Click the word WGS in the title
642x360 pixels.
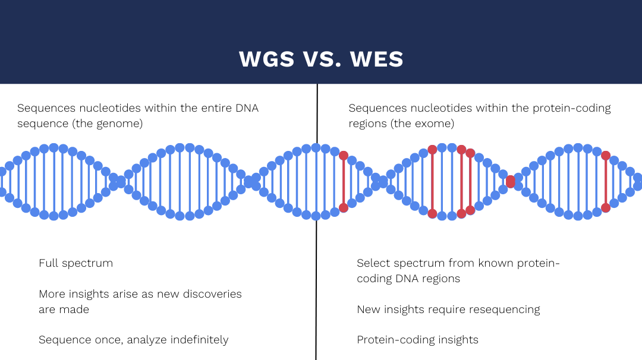click(266, 59)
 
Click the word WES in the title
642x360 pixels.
click(377, 59)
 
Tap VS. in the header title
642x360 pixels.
click(322, 59)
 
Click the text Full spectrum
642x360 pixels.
click(75, 263)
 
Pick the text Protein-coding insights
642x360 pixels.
click(418, 340)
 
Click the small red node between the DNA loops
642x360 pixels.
click(511, 181)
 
